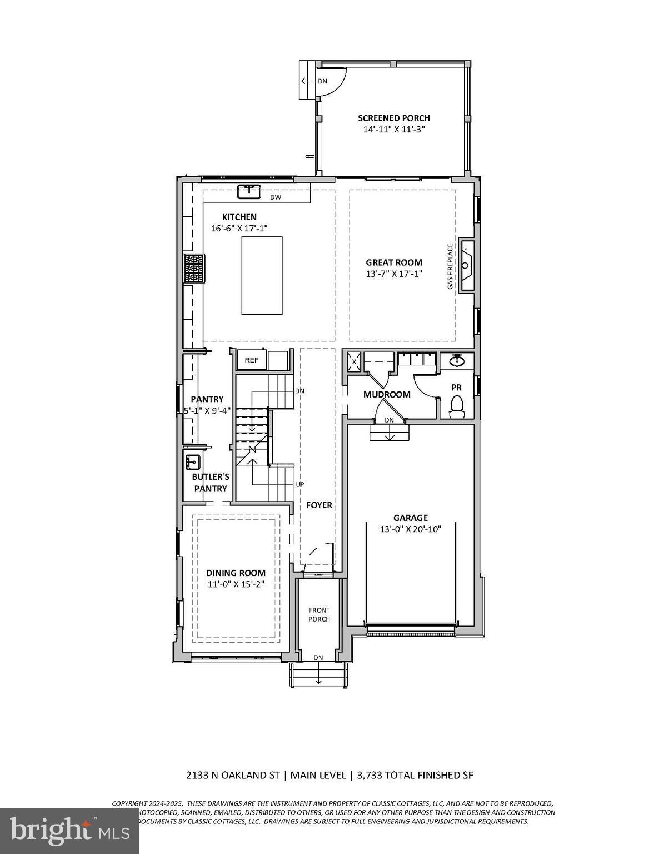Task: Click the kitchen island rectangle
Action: (262, 275)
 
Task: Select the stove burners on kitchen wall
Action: (194, 269)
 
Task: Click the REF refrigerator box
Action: (252, 360)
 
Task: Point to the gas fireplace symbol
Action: (466, 265)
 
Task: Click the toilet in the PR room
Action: (457, 406)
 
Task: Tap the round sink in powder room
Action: (457, 360)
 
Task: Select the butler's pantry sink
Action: (193, 461)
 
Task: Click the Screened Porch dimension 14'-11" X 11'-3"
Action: (395, 129)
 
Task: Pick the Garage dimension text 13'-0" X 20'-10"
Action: (410, 529)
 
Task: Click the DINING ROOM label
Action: (236, 573)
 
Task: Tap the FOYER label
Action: (319, 505)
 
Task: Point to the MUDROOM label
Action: (387, 394)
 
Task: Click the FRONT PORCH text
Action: (319, 614)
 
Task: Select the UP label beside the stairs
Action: (300, 484)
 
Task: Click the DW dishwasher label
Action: (276, 197)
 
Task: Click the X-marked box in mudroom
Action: (355, 361)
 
